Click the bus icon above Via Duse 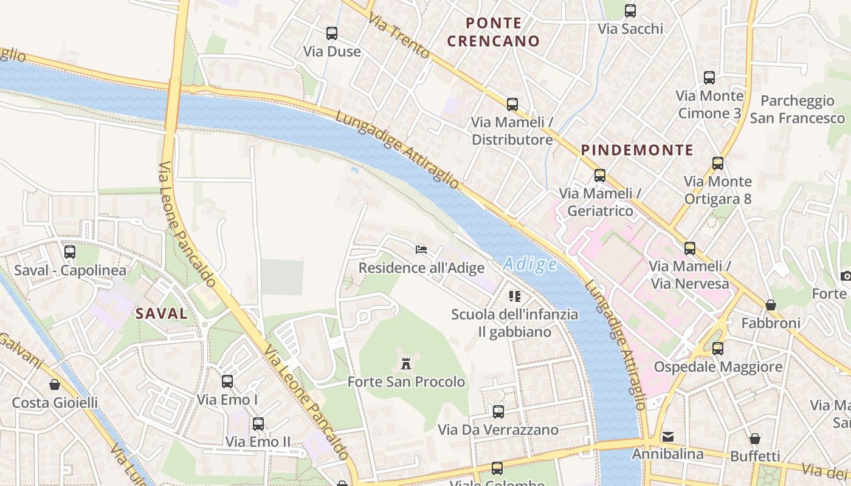[x=332, y=33]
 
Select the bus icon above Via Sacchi [x=630, y=11]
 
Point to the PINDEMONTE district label [x=637, y=150]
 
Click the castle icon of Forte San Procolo [x=406, y=364]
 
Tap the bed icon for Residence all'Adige [x=421, y=249]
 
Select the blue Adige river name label [x=530, y=264]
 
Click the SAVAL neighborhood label [x=162, y=313]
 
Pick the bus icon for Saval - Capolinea [x=70, y=252]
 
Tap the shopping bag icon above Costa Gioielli [x=55, y=385]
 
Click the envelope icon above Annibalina [x=668, y=436]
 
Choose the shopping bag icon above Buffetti [x=754, y=438]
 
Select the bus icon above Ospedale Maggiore [x=718, y=349]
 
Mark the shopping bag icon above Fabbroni [x=771, y=305]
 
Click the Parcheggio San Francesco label [x=797, y=109]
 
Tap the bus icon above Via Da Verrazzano [x=498, y=412]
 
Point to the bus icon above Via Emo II [x=258, y=423]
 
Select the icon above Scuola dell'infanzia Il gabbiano [x=515, y=296]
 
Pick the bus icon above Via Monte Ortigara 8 [x=718, y=163]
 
